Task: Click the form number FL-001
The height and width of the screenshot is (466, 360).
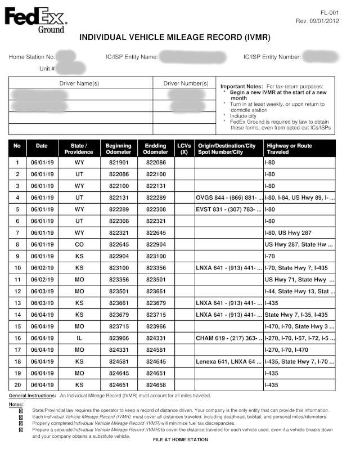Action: coord(329,12)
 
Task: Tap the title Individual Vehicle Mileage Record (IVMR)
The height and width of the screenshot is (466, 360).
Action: coord(175,38)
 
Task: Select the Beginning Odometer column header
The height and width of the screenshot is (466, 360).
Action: coord(118,149)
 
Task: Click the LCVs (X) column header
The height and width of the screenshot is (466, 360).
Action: coord(184,149)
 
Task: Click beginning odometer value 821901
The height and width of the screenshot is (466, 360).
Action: coord(118,162)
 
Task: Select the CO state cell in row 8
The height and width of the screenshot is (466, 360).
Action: coord(79,244)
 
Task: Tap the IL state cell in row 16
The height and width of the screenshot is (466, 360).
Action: coord(79,338)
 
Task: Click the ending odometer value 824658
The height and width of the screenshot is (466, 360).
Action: coord(156,384)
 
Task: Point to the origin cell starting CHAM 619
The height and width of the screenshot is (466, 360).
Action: coord(228,338)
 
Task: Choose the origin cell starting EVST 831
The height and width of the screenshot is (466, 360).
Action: coord(228,209)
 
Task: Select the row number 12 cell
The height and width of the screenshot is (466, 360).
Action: coord(17,291)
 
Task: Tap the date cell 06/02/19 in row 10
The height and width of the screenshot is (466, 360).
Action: coord(42,267)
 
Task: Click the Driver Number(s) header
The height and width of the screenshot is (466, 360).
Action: coord(186,83)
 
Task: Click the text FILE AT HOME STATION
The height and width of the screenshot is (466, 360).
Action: coord(180,440)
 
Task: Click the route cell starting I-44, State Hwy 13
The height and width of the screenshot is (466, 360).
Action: coord(299,291)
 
